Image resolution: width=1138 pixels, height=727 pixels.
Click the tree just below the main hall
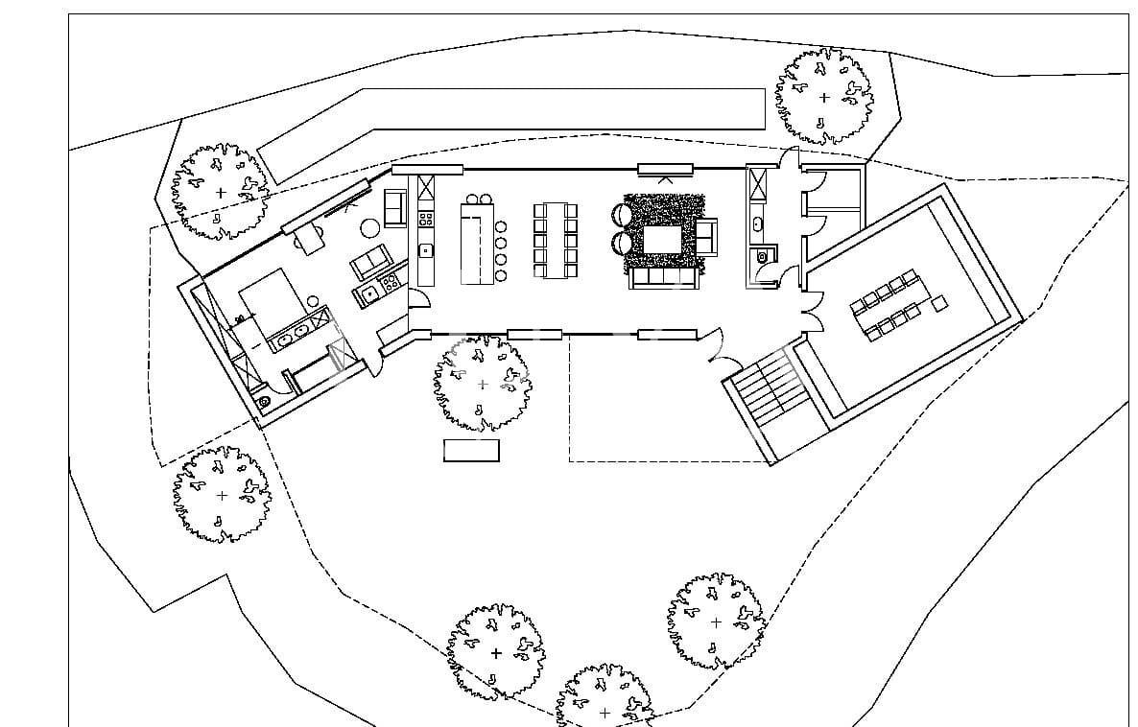coord(482,384)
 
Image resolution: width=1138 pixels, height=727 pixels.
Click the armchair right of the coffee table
coord(706,236)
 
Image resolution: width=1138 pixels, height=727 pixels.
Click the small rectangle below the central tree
coord(471,450)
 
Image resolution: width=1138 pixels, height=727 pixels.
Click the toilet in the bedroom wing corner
coord(264,401)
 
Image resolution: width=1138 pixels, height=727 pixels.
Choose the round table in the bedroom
coord(370,228)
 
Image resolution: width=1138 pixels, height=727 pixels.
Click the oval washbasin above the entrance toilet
coord(757,224)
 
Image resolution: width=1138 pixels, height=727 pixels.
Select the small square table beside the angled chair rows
coord(938,303)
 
